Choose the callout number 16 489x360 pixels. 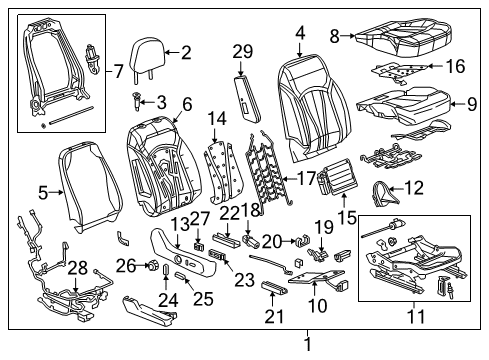click(x=456, y=67)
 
